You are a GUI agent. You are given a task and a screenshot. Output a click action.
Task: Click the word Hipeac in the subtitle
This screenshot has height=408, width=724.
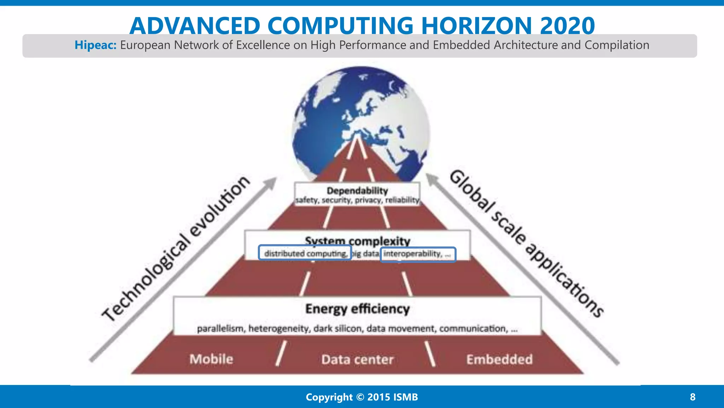(x=95, y=45)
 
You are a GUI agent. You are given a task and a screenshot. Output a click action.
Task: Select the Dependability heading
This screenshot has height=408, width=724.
(x=357, y=191)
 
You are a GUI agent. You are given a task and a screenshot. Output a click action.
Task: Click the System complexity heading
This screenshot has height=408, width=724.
(x=357, y=241)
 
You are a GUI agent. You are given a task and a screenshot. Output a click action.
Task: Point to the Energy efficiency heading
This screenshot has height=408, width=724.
(x=357, y=309)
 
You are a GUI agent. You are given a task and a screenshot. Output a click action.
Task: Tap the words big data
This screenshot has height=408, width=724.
(x=366, y=254)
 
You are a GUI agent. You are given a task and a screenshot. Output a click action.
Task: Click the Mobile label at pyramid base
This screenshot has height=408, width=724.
(x=211, y=359)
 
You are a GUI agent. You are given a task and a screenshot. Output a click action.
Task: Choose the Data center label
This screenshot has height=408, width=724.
(x=357, y=359)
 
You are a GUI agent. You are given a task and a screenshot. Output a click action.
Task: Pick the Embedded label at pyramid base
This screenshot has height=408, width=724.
(x=499, y=359)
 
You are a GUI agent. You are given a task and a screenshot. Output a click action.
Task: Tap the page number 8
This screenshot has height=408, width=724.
(x=693, y=397)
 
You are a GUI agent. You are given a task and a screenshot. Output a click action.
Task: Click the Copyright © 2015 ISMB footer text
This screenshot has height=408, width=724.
(x=362, y=397)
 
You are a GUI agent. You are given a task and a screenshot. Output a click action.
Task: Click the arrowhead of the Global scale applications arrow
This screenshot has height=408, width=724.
(x=431, y=178)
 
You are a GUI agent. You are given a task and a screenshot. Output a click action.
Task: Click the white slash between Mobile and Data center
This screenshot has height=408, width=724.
(x=281, y=353)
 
